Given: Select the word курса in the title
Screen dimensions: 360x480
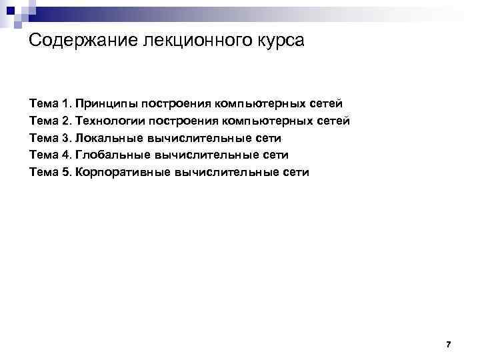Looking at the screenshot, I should (x=279, y=41).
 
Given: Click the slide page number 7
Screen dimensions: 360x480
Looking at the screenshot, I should (x=448, y=345).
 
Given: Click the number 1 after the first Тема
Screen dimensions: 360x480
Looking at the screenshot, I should (x=65, y=104).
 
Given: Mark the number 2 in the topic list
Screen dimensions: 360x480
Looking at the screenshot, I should (x=65, y=121).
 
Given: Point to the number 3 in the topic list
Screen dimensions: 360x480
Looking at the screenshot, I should (x=65, y=139).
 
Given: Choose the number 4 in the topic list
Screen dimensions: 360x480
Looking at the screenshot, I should (x=65, y=155).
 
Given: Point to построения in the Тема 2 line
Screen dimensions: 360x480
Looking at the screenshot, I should (x=186, y=121).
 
